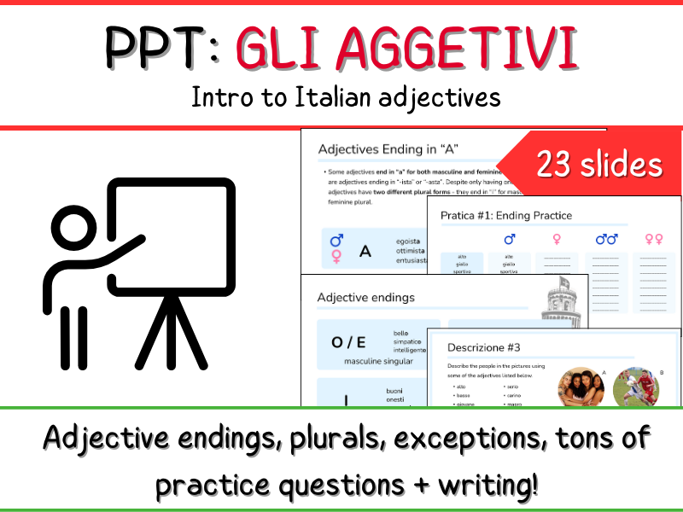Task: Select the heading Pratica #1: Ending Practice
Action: [x=506, y=215]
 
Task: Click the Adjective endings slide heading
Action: [x=365, y=297]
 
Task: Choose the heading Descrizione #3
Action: [x=483, y=347]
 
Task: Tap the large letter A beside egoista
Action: [x=365, y=251]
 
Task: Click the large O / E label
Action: [x=348, y=342]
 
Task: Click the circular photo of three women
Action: [x=582, y=388]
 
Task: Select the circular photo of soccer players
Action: [x=636, y=388]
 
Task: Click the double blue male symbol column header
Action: [x=606, y=240]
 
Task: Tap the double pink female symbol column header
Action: [x=654, y=240]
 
